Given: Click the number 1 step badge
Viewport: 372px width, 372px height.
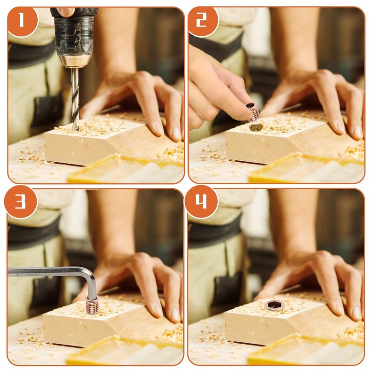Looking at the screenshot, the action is coord(22,21).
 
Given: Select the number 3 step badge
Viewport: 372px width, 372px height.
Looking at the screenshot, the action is coord(20,202).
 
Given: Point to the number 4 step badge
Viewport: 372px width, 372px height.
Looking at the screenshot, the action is coord(201,202).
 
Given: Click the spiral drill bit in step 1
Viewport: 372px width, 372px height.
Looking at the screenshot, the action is coord(75,99).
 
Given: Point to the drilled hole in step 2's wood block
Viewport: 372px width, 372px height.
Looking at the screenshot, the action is coord(256,127).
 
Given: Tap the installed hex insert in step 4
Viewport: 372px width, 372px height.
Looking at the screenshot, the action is coord(274,305).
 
